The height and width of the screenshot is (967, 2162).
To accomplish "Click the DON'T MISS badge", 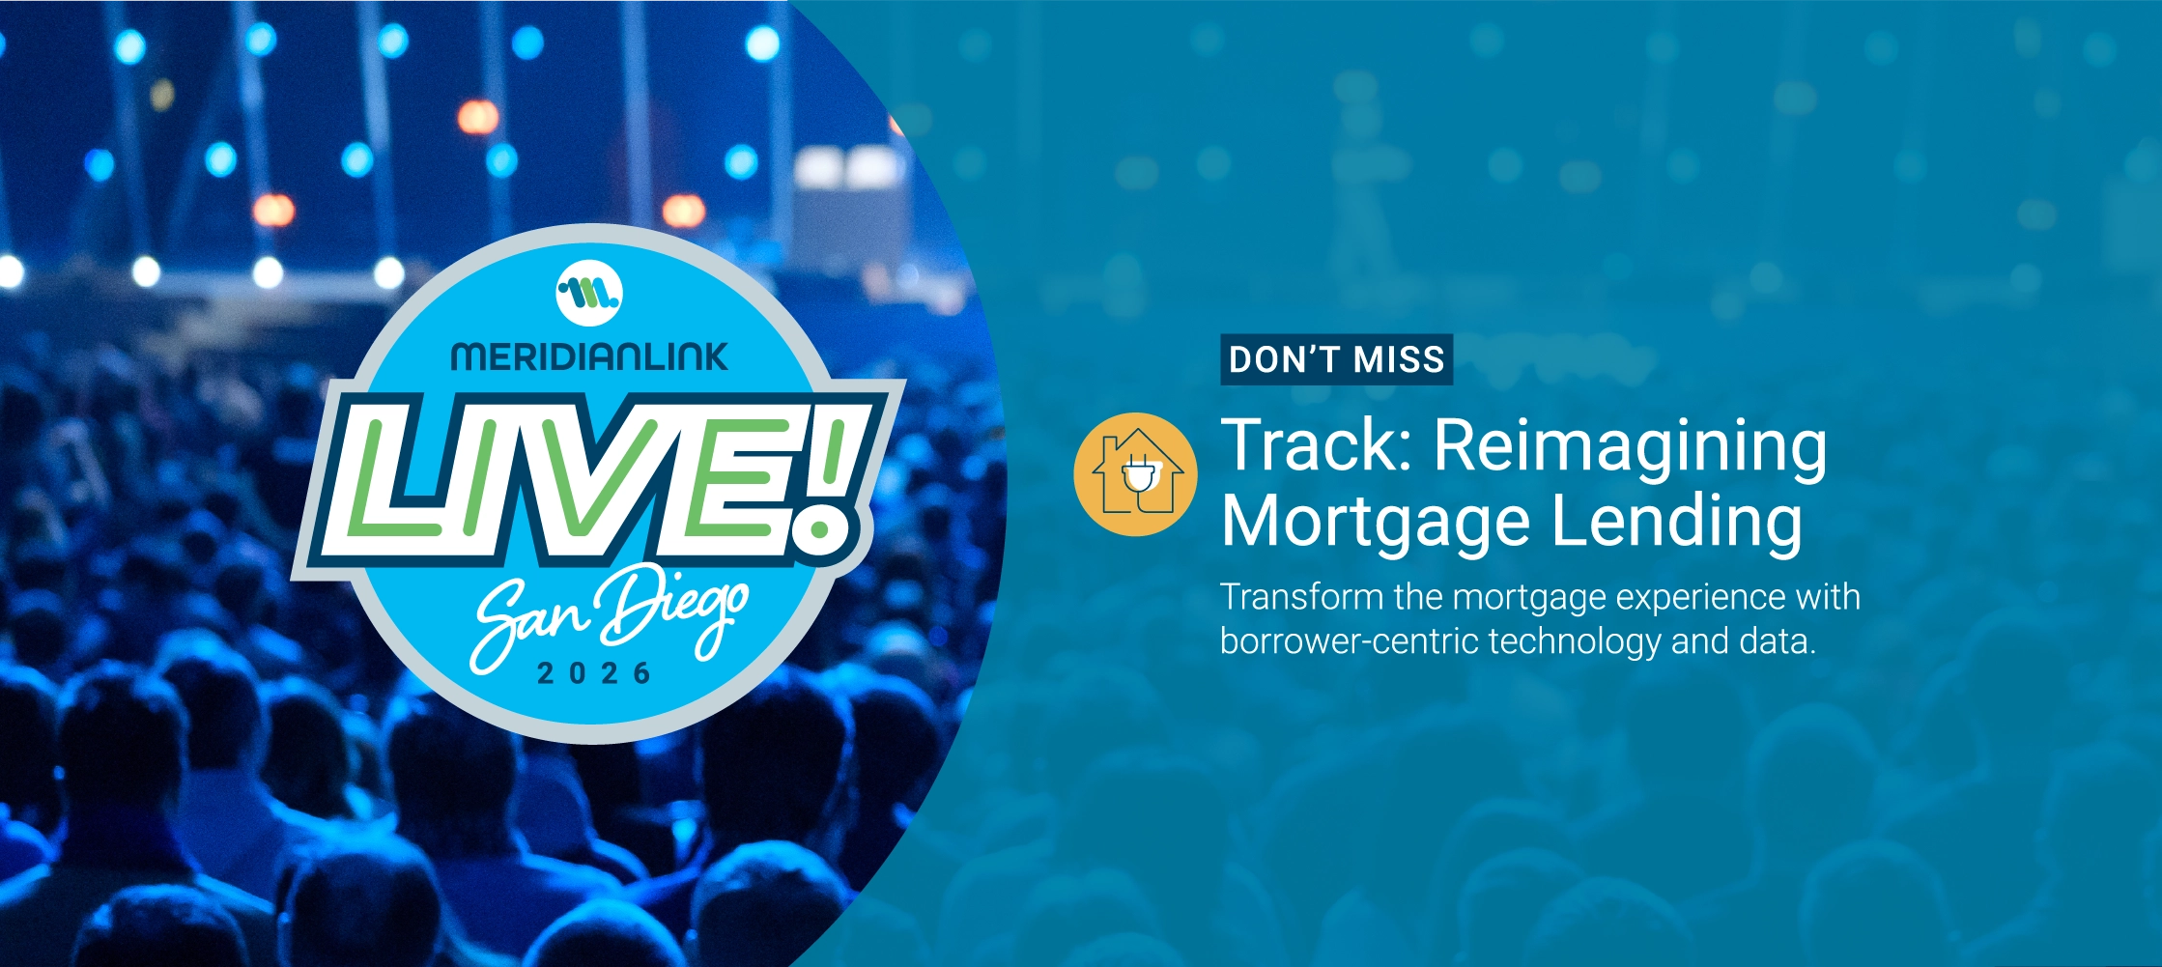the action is tap(1336, 359).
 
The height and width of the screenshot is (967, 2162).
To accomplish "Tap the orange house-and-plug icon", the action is tap(1135, 474).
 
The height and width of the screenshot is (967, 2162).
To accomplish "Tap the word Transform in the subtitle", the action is tap(1301, 597).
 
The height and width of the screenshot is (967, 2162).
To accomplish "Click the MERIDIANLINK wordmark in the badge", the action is tap(589, 356).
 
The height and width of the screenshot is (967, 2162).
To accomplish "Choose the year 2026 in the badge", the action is tap(594, 673).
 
